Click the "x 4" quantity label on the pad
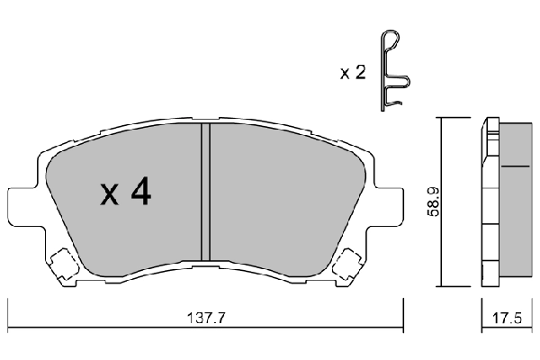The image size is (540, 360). pyautogui.click(x=124, y=193)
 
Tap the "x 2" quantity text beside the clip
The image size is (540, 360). pyautogui.click(x=352, y=73)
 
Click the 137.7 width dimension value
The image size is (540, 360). pyautogui.click(x=203, y=317)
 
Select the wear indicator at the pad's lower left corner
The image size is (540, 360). pyautogui.click(x=63, y=264)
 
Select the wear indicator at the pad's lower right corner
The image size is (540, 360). pyautogui.click(x=346, y=264)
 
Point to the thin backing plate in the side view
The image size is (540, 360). pyautogui.click(x=490, y=198)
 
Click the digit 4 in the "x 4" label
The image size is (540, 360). pyautogui.click(x=139, y=193)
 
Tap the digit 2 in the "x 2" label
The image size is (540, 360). pyautogui.click(x=360, y=73)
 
